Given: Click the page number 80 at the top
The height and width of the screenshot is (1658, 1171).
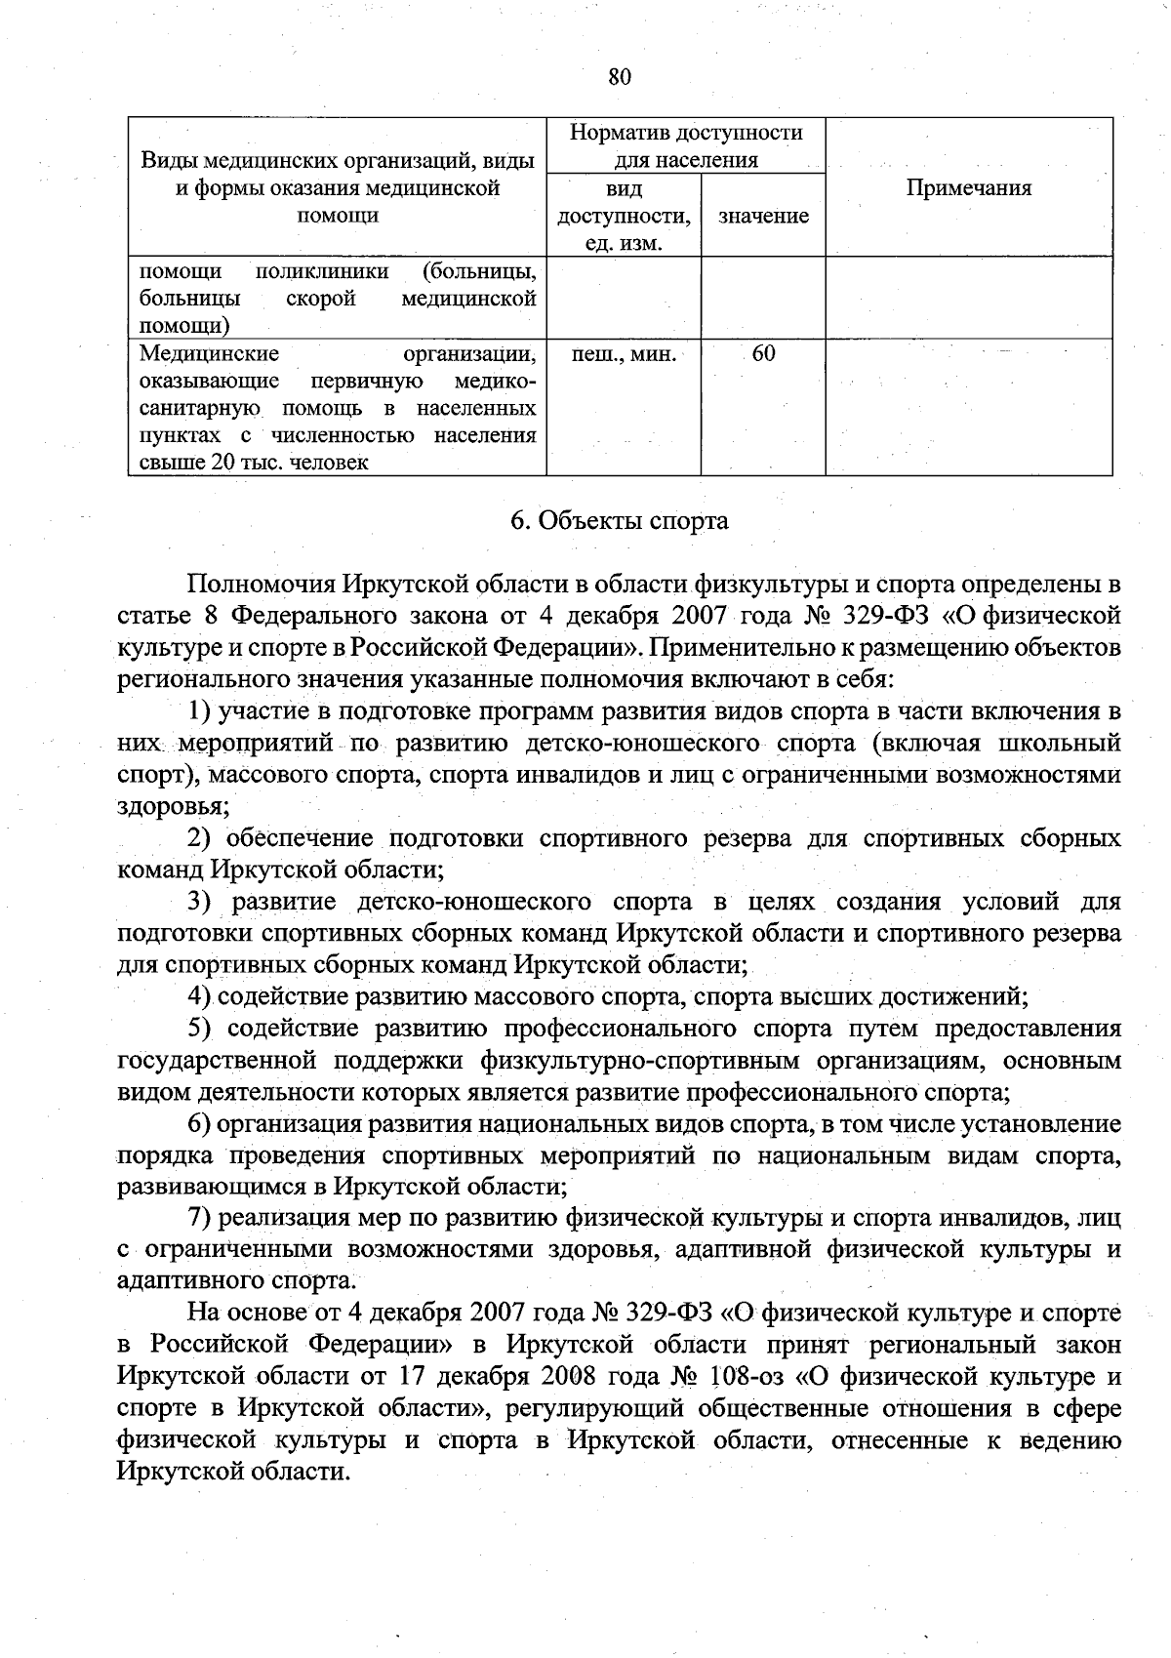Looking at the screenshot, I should click(620, 77).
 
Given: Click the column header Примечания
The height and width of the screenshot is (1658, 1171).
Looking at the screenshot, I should click(968, 188).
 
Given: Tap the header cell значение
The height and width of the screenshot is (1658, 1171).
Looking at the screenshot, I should click(763, 217).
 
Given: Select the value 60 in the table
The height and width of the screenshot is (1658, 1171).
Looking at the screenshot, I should click(764, 353).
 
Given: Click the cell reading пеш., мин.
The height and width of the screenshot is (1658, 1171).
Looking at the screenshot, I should click(623, 353).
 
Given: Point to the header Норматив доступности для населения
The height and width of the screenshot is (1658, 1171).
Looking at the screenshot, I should click(686, 145).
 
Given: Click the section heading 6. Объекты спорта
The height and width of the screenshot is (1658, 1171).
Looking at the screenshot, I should click(620, 520).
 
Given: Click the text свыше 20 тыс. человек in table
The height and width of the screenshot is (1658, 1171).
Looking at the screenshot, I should click(254, 463).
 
